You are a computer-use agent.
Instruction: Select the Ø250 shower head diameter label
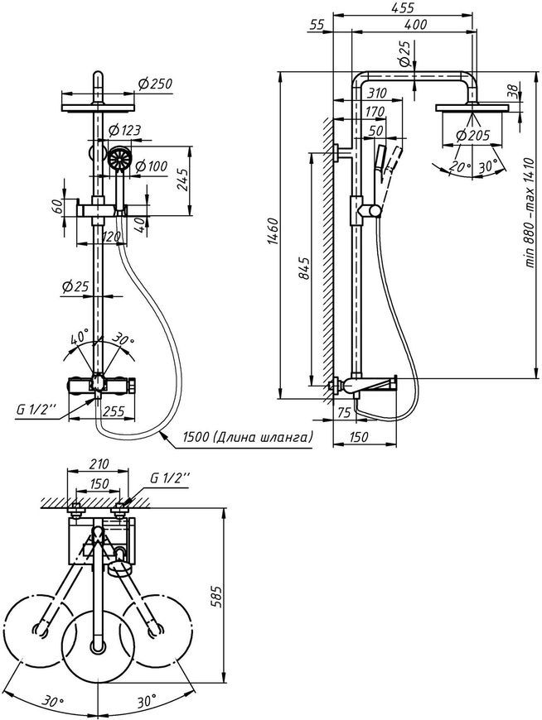click(154, 83)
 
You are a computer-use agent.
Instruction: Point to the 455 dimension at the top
click(403, 7)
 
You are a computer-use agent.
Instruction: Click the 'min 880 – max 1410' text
click(530, 212)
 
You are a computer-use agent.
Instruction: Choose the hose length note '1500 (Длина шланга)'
click(248, 436)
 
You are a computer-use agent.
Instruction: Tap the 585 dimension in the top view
click(216, 596)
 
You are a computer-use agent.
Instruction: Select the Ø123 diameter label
click(124, 131)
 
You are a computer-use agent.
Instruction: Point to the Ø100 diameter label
click(152, 166)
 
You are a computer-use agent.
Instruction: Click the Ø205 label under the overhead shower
click(473, 135)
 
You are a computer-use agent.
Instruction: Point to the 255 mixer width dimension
click(113, 411)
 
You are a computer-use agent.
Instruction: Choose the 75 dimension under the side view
click(344, 412)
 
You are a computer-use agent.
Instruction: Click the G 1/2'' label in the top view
click(170, 478)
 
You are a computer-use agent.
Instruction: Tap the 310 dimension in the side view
click(377, 94)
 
